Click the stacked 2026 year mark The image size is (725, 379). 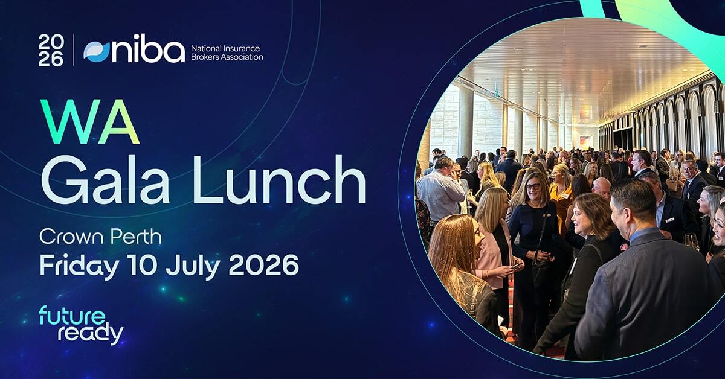click(x=51, y=51)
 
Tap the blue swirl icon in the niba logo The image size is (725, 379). click(x=97, y=51)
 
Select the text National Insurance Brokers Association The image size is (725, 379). click(x=227, y=53)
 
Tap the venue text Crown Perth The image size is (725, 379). click(x=100, y=237)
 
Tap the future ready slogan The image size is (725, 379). click(x=80, y=325)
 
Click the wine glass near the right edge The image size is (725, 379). click(x=691, y=240)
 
